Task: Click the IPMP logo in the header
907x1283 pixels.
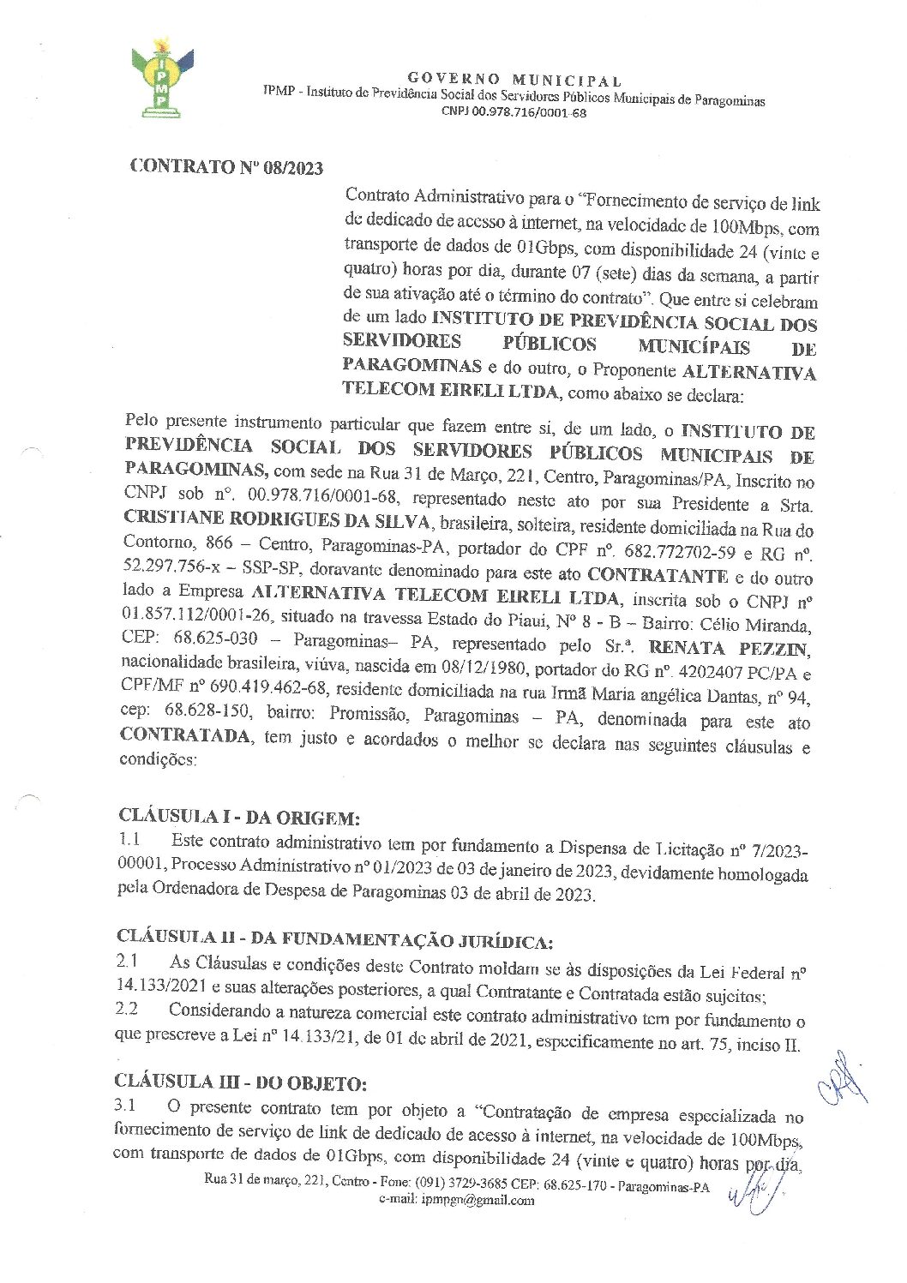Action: [161, 79]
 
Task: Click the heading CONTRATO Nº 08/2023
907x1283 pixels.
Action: [226, 167]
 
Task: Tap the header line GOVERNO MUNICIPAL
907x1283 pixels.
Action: [514, 81]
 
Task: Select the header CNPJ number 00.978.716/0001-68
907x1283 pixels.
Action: [514, 112]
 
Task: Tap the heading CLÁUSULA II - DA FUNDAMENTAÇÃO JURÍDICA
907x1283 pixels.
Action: [334, 938]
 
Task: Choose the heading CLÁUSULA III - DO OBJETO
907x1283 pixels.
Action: [241, 1082]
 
